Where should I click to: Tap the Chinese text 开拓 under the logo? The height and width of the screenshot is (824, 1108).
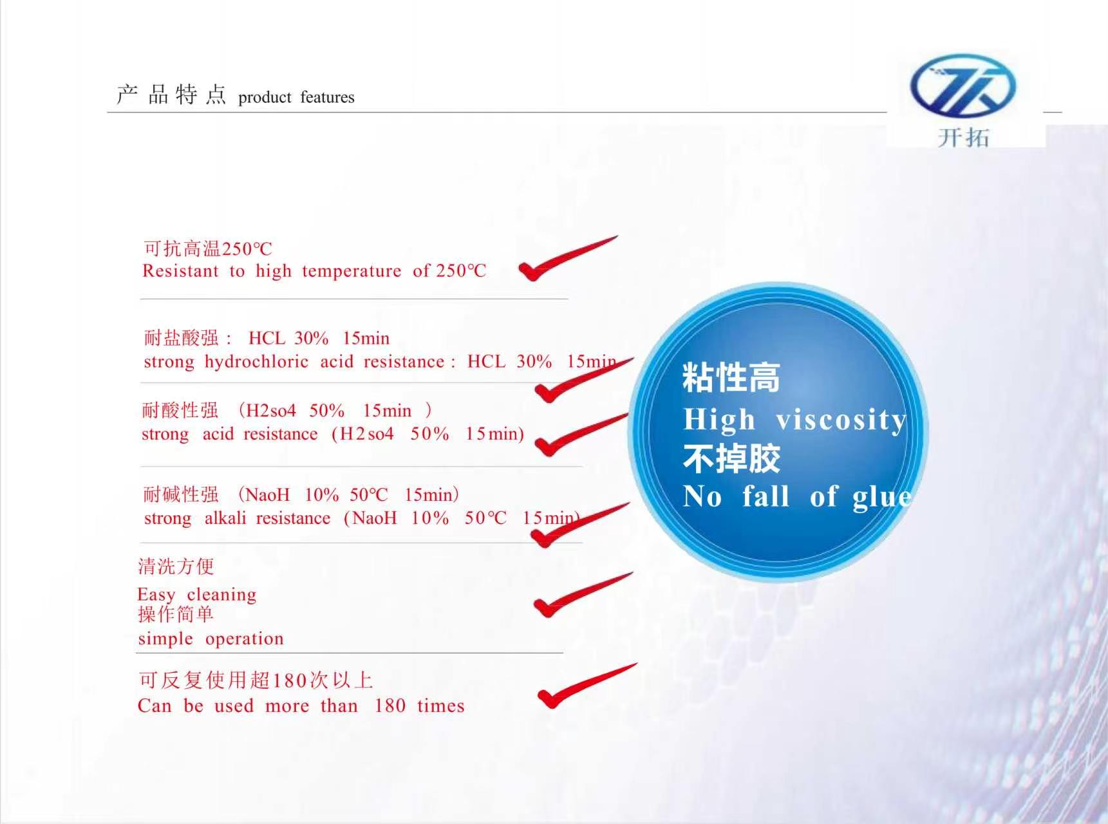pos(963,137)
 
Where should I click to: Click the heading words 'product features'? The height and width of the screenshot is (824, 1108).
pos(296,97)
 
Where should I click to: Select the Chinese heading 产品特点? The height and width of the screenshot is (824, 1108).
pos(171,95)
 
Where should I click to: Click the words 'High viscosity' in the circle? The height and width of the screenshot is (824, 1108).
pos(795,420)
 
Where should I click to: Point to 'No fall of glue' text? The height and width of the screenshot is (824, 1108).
pos(797,497)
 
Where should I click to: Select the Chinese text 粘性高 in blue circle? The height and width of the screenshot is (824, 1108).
pos(731,377)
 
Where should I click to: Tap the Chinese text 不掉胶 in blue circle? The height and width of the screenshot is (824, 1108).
pos(731,458)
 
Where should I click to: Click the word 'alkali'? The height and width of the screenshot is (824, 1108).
pos(225,518)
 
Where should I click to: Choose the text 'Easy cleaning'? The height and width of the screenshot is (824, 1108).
pos(197,595)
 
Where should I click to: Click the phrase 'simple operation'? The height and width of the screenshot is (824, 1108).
pos(211,639)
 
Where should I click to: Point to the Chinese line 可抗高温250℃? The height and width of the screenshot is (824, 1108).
pos(208,248)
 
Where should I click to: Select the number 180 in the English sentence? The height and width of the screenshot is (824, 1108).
pos(390,706)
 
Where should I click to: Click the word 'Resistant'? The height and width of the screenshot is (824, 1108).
pos(180,271)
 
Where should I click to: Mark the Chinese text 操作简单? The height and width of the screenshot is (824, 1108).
pos(176,614)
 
